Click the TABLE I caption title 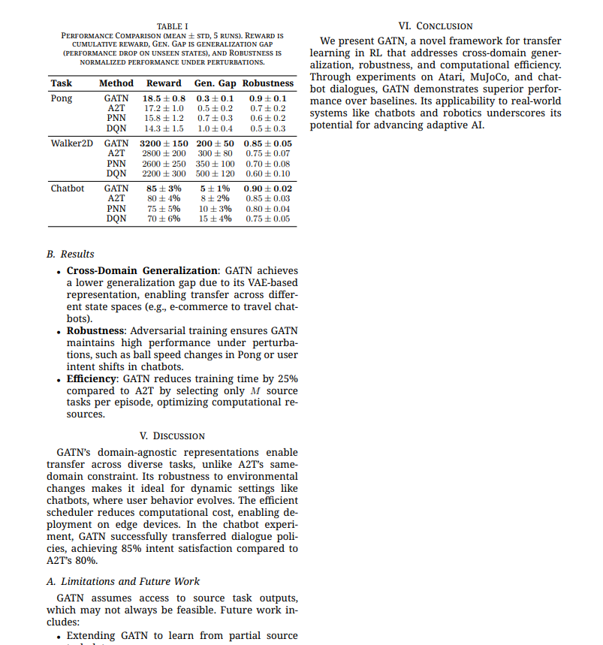(x=172, y=26)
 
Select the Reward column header (x=164, y=83)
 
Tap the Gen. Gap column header (x=215, y=83)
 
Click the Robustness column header (x=268, y=83)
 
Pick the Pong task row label (x=62, y=98)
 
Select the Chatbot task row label (x=68, y=188)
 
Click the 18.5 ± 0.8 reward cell (x=164, y=98)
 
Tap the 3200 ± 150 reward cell (x=164, y=143)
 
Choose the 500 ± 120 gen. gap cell (x=215, y=173)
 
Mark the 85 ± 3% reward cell (x=164, y=188)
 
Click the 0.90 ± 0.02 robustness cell (x=268, y=188)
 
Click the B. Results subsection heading (x=71, y=255)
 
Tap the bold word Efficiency (x=90, y=379)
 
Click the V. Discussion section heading (x=172, y=436)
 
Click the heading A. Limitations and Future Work (x=123, y=581)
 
